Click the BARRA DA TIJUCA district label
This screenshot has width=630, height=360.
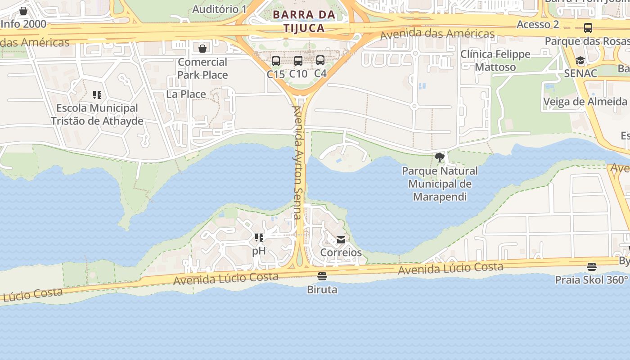click(x=304, y=21)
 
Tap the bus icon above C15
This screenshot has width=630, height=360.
click(x=276, y=61)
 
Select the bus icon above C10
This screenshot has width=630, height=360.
click(x=298, y=61)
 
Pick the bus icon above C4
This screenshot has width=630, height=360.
click(x=320, y=60)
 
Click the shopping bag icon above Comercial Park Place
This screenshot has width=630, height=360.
click(x=202, y=48)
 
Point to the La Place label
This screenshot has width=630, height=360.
click(x=186, y=94)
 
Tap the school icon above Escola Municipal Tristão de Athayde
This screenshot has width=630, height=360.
click(x=97, y=95)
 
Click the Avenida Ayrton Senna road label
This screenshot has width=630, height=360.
click(x=297, y=162)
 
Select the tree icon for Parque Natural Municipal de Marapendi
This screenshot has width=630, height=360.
click(x=440, y=157)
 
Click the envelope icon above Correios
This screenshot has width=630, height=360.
click(x=341, y=240)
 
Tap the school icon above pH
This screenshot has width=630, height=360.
click(x=259, y=237)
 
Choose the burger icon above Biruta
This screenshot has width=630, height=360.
click(x=322, y=276)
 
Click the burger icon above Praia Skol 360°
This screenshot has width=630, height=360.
click(x=592, y=267)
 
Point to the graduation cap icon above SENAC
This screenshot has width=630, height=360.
click(x=580, y=61)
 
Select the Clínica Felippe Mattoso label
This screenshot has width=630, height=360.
click(x=495, y=61)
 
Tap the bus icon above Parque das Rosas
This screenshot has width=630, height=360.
click(x=588, y=28)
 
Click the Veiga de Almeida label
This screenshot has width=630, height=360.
click(x=585, y=102)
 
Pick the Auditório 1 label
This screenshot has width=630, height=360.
click(x=220, y=9)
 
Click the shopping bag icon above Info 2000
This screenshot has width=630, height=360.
click(x=23, y=11)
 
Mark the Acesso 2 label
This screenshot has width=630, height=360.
click(x=538, y=24)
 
